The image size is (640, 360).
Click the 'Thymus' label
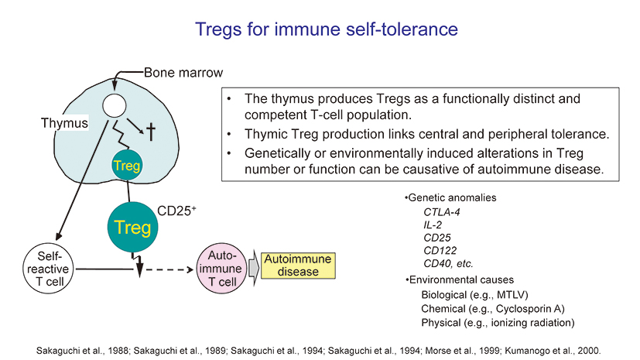[65, 123]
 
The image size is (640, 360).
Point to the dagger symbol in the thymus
[152, 130]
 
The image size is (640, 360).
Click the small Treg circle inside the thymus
[125, 166]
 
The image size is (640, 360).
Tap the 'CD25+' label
[176, 210]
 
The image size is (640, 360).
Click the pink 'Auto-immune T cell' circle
[222, 268]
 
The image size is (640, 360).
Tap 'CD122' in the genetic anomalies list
[440, 250]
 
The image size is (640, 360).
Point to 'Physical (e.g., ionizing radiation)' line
[498, 322]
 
